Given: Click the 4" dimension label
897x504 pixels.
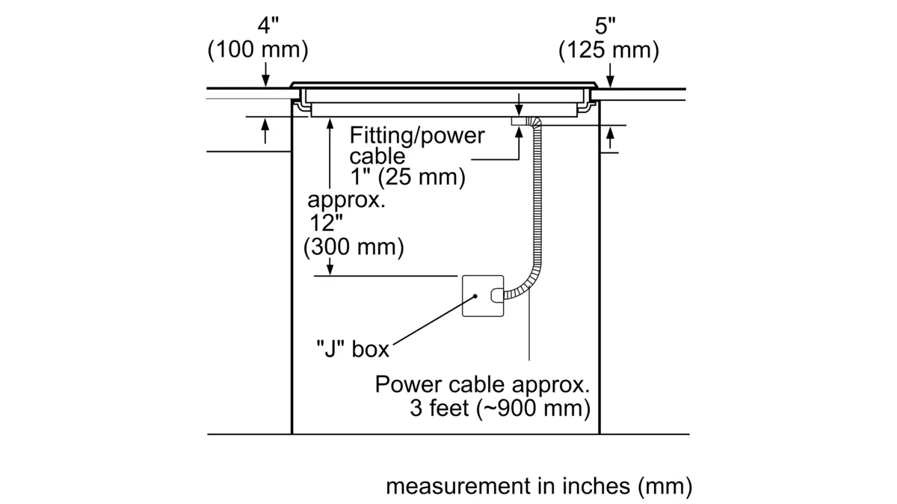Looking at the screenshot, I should coord(267,25).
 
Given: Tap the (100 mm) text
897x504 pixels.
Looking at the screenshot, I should coord(258,50).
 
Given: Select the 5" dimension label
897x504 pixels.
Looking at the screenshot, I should coord(605,26).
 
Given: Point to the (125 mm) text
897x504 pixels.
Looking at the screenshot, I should coord(609,50).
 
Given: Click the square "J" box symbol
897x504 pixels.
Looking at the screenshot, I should coord(482,296).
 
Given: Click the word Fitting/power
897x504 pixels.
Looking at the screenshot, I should coord(417,135).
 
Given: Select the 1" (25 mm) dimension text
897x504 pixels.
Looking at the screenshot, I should coord(407,178).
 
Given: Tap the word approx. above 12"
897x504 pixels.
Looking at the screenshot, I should coord(346,200).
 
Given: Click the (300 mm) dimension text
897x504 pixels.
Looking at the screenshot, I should coord(354,247).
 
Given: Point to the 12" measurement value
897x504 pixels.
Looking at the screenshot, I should coord(327,223).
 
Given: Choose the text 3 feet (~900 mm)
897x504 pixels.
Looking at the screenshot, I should coord(500,408).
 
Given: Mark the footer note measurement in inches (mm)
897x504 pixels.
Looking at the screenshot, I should coord(539,486).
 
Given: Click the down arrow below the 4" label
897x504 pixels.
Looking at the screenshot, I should coord(265,76).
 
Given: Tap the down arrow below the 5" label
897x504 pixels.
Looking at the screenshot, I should coord(611,76).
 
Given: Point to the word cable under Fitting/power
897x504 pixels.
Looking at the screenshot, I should coord(377,156).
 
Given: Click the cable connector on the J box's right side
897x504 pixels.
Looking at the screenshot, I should coord(496,295).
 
